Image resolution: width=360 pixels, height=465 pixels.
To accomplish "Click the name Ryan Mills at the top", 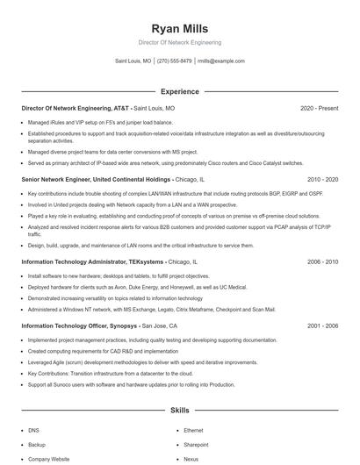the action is click(x=179, y=28).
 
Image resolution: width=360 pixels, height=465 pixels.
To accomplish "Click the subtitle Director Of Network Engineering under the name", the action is click(x=179, y=42).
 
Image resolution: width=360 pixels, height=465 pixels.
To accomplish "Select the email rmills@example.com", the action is click(x=221, y=61).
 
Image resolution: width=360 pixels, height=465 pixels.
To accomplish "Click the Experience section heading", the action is click(x=179, y=91).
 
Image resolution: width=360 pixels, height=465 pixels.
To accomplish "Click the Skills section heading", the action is click(x=179, y=411).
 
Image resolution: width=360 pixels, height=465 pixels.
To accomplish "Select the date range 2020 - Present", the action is click(x=319, y=108).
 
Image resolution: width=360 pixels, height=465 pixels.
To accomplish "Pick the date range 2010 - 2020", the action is click(x=321, y=179).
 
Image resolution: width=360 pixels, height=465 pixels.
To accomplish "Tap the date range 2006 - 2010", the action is click(x=321, y=261).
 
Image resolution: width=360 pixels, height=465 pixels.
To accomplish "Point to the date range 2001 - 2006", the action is click(x=321, y=325).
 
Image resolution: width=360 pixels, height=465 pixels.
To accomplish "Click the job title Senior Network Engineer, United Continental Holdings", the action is click(x=96, y=179).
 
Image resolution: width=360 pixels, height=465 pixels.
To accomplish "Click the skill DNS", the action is click(x=33, y=431).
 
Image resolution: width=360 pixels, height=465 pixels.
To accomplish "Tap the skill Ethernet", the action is click(x=195, y=431).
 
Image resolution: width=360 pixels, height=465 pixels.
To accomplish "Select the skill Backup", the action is click(x=37, y=445).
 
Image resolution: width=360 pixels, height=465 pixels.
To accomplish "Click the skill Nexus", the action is click(x=191, y=459).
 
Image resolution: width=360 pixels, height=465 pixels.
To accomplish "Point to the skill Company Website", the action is click(x=48, y=459).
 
